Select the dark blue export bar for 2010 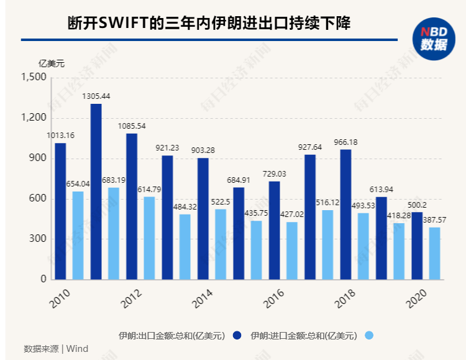pos(60,211)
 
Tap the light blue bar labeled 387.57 pos(434,254)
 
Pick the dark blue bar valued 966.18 pos(345,215)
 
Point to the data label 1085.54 pos(132,126)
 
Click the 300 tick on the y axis pos(39,239)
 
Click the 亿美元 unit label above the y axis pos(52,63)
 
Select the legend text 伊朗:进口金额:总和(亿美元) pos(304,336)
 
